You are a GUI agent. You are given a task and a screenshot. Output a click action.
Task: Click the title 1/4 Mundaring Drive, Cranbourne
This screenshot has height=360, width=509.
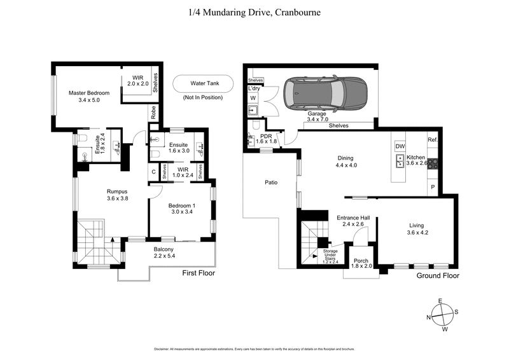254,11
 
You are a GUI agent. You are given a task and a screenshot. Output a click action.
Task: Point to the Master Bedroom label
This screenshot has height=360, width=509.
89,97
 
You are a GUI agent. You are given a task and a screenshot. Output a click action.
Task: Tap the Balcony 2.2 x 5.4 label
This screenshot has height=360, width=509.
164,253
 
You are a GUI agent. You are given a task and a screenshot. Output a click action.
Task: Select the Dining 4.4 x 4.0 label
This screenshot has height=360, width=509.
345,162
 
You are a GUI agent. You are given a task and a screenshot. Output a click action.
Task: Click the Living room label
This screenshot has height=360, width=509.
417,228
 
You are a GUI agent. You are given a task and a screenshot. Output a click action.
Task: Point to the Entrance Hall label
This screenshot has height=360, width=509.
352,221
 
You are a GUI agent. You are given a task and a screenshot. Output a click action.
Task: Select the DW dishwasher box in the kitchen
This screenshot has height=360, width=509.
400,146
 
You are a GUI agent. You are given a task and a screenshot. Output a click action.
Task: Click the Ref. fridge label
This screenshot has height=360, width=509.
433,141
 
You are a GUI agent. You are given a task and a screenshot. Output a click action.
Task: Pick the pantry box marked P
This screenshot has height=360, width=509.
433,188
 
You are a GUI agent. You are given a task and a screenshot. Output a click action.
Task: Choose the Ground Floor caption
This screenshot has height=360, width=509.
438,276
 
